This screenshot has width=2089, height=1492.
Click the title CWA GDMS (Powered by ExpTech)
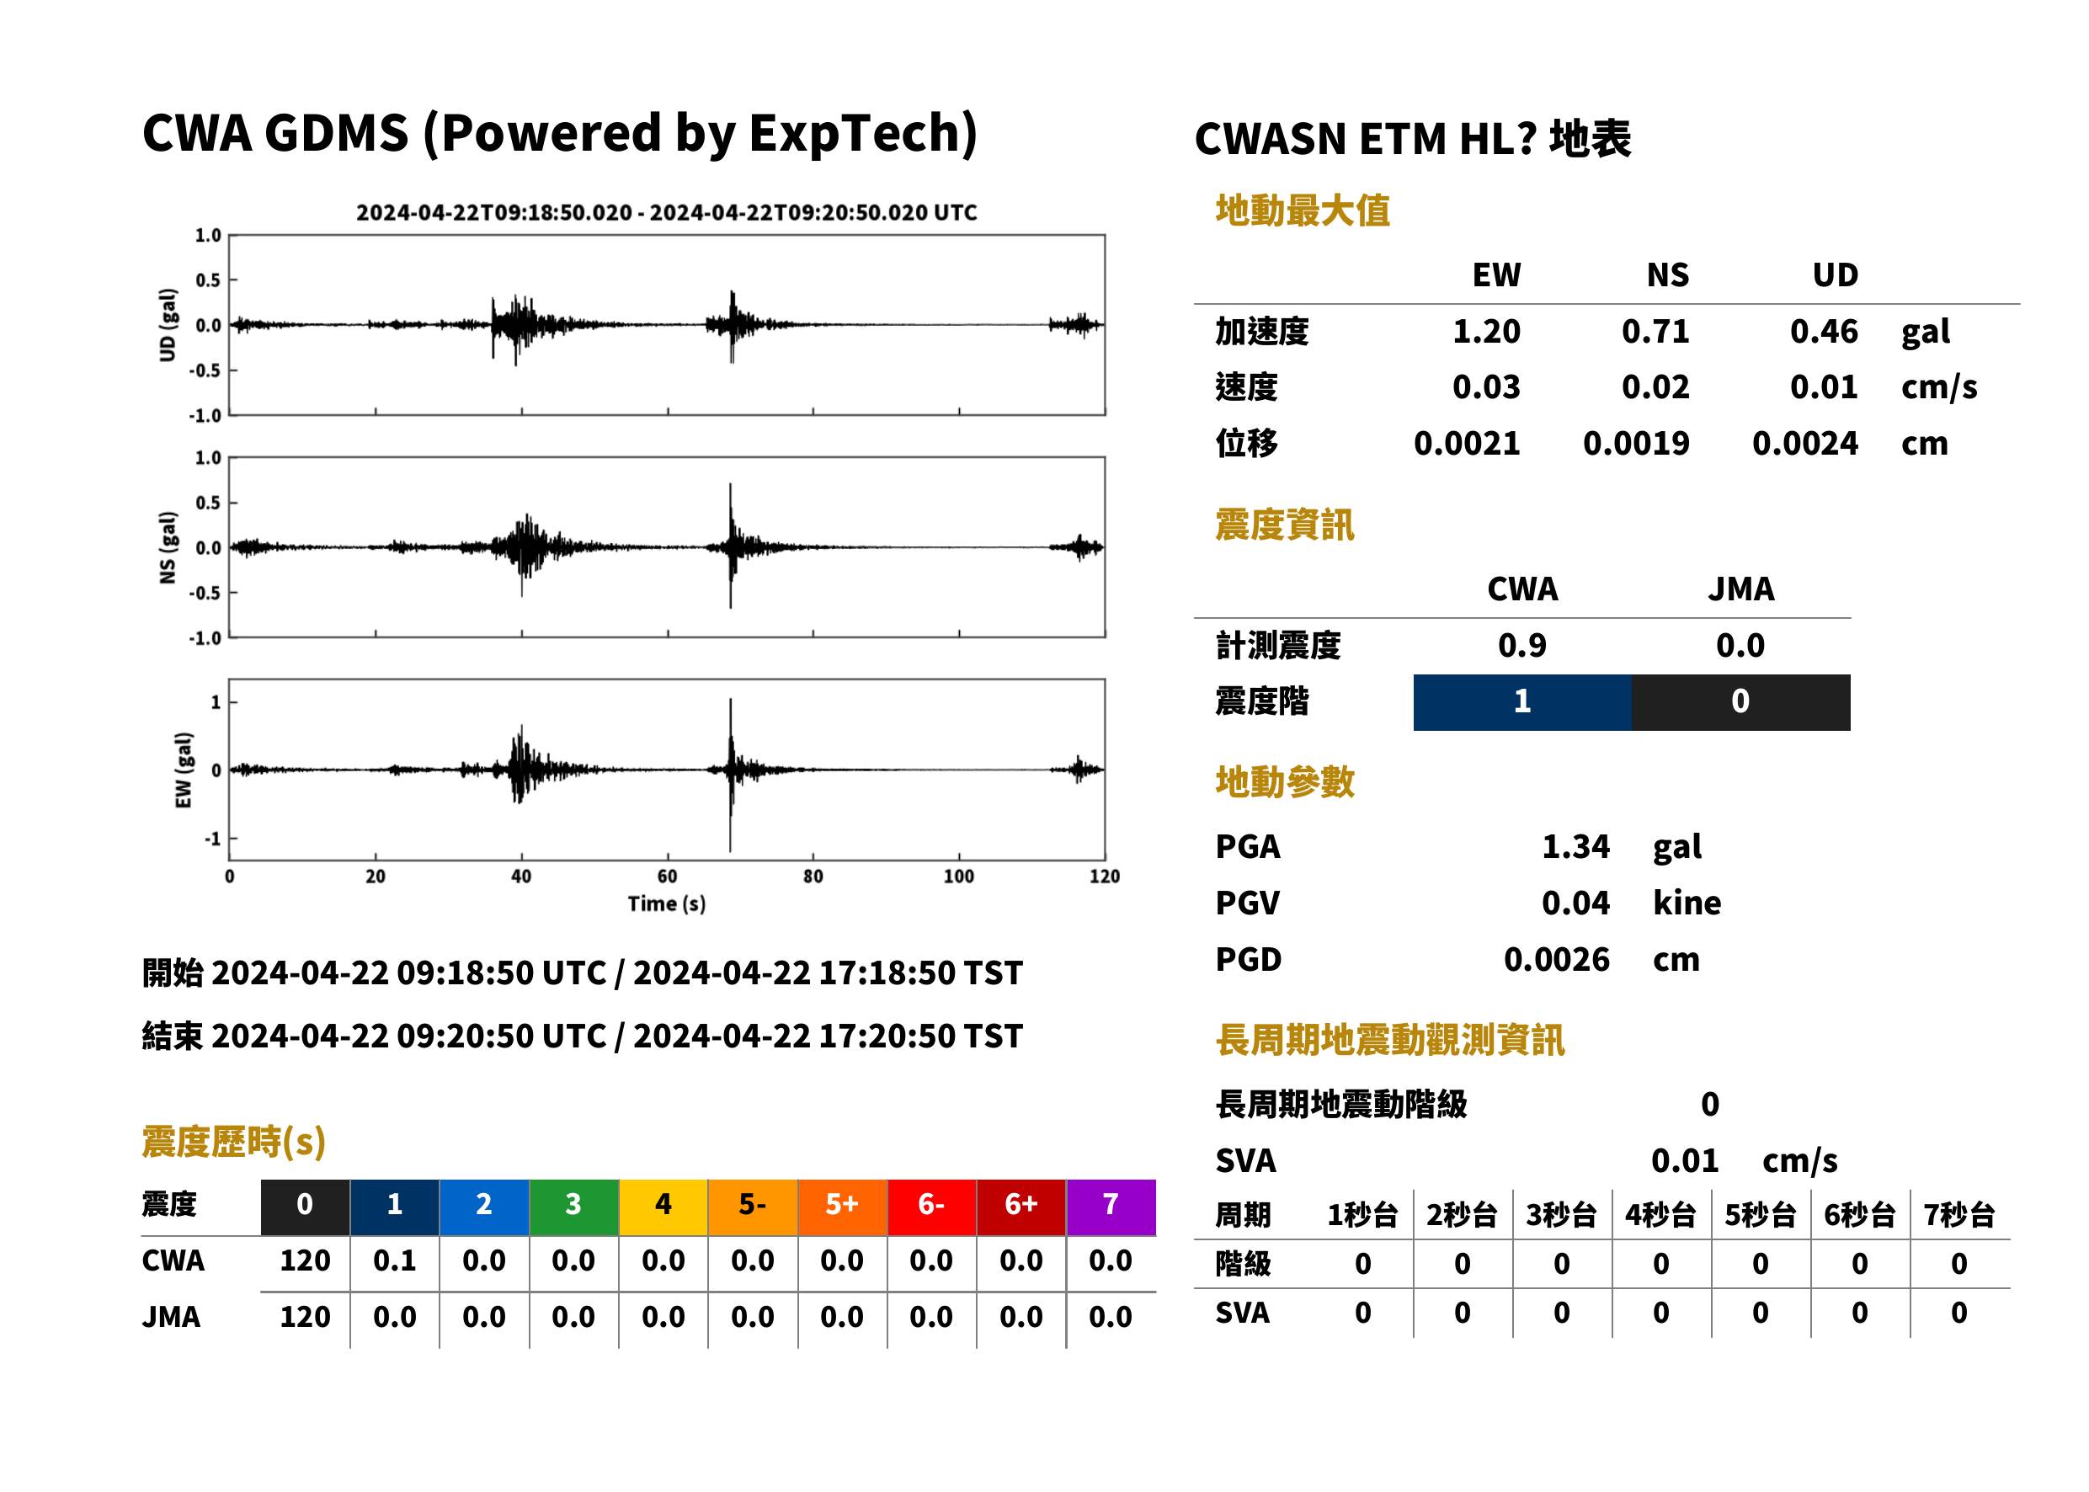pos(559,134)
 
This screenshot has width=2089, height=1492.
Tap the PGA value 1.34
pos(1575,846)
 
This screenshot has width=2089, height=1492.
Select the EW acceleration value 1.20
pos(1486,331)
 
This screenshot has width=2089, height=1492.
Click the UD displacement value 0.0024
pos(1805,443)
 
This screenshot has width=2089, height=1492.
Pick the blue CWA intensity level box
pos(1522,702)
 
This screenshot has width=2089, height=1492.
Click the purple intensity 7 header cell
pos(1111,1207)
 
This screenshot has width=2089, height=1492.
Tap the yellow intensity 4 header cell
pos(663,1207)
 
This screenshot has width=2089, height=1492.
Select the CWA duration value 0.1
pos(395,1260)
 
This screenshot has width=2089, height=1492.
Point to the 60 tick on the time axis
pos(668,876)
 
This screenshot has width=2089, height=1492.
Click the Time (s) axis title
pos(667,904)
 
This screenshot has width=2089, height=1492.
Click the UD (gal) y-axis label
pos(168,325)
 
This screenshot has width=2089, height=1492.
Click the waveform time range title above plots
pos(667,212)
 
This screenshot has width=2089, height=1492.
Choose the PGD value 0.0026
pos(1556,959)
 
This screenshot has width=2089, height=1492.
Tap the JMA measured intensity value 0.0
pos(1740,645)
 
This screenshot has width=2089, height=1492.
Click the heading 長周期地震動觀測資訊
pos(1390,1040)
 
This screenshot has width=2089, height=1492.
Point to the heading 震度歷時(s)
pos(234,1142)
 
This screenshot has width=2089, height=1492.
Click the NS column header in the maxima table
pos(1667,274)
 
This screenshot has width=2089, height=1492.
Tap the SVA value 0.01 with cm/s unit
pos(1685,1160)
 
